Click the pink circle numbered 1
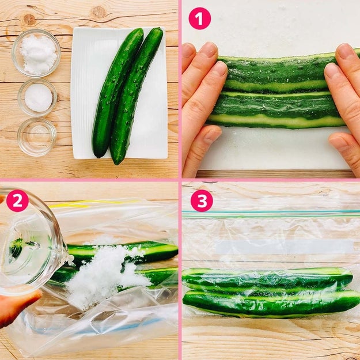pos(199,18)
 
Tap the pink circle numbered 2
pos(17,200)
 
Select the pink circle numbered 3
pos(202,200)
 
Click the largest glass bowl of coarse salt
pos(36,53)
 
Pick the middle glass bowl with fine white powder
pos(37,97)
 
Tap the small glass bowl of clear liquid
pos(37,137)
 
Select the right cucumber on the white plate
pos(135,96)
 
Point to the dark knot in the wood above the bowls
pos(29,20)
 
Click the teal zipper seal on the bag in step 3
pos(271,214)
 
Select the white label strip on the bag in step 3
pos(285,247)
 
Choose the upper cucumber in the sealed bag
pos(267,279)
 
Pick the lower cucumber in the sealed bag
pos(271,303)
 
